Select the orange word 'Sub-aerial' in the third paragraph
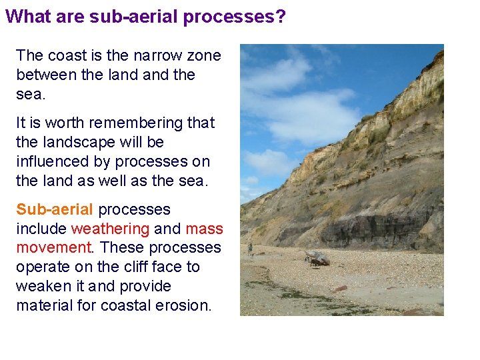(x=55, y=209)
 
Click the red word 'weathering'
(x=110, y=229)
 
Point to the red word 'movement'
(x=53, y=248)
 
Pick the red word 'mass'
(x=204, y=229)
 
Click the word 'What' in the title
(x=25, y=16)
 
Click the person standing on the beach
(x=250, y=249)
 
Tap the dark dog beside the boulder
(x=313, y=263)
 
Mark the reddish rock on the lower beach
(x=340, y=289)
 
